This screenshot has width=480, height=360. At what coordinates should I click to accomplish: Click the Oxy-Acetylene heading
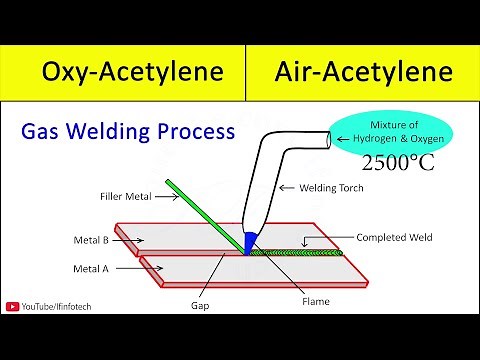point(125,72)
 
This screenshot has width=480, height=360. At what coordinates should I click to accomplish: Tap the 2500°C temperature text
point(398,163)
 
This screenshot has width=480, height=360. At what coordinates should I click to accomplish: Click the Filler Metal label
point(126,197)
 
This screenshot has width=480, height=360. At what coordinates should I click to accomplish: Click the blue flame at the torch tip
point(250,242)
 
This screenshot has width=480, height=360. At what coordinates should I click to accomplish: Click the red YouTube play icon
point(13,308)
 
